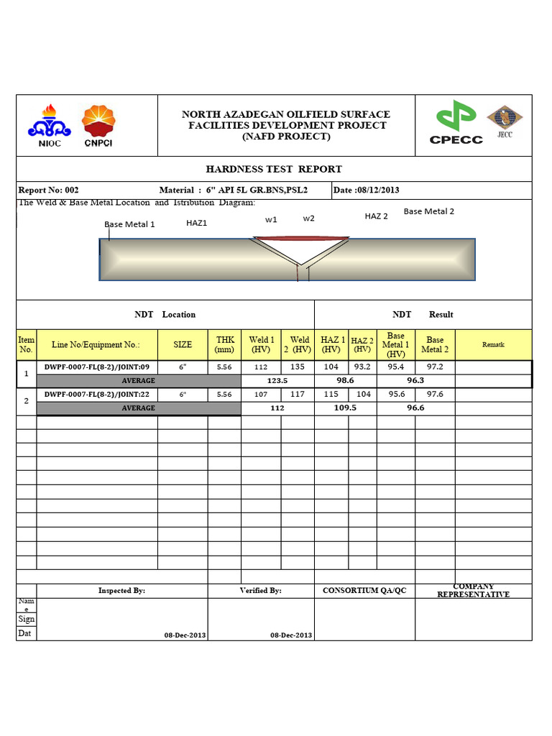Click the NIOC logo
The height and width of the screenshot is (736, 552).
tap(49, 126)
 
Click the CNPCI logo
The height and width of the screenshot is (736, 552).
tap(98, 126)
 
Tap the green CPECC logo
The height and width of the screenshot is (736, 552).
tap(456, 124)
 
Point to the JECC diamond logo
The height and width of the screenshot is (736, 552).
tap(505, 121)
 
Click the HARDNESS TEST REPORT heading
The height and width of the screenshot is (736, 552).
tap(274, 170)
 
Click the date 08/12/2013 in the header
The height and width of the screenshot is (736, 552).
tap(367, 190)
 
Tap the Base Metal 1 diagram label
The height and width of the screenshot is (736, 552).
tap(129, 224)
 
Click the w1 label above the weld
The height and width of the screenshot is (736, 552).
tap(271, 219)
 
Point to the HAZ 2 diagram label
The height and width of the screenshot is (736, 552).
tap(376, 216)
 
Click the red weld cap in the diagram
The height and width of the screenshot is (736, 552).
tap(302, 239)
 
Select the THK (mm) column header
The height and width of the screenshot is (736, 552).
tap(225, 344)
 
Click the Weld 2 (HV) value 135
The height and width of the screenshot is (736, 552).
tap(298, 367)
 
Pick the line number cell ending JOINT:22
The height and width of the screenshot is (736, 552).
tap(97, 395)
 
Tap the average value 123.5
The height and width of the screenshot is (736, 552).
tap(277, 380)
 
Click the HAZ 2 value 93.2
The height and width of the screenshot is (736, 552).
tap(363, 367)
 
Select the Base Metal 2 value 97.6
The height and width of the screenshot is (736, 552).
tap(435, 395)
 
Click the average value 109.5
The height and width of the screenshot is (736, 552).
tap(346, 408)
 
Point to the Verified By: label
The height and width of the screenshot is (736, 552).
tap(260, 591)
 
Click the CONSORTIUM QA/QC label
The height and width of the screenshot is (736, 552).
tap(364, 591)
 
